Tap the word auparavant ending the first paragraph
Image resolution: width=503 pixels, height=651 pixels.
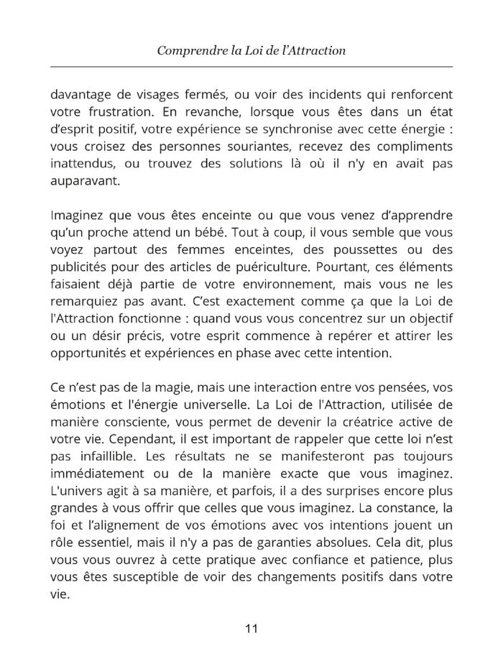[86, 182]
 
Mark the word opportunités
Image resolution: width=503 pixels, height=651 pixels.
[91, 354]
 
